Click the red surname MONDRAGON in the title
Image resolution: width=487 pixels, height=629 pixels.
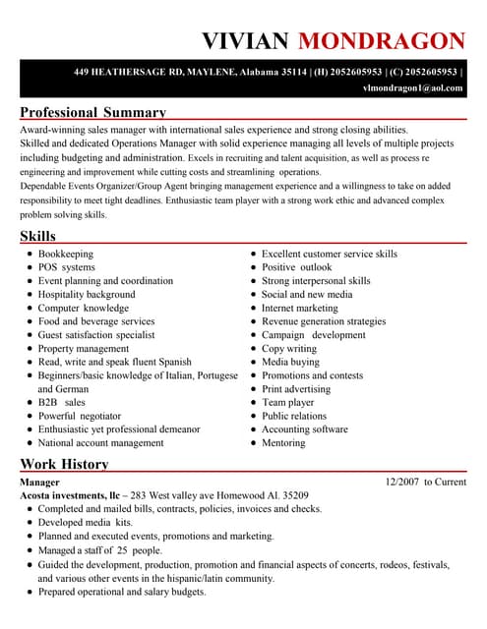tap(381, 40)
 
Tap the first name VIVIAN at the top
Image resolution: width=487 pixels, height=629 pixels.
tap(245, 40)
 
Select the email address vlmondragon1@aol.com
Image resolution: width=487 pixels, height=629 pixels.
tap(412, 88)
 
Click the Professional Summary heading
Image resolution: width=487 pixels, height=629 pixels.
tap(93, 112)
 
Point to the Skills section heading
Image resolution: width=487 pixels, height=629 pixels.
tap(38, 236)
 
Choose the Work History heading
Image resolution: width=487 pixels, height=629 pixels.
tap(64, 464)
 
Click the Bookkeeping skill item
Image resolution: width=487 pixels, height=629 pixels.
tap(66, 254)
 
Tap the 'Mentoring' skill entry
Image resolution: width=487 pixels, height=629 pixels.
tap(283, 443)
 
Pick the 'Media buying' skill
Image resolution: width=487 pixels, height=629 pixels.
tap(290, 362)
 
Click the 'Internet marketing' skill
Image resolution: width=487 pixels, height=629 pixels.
tap(299, 308)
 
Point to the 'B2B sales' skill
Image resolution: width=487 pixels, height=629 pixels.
tap(62, 402)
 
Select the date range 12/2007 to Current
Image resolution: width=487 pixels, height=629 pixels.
tap(426, 483)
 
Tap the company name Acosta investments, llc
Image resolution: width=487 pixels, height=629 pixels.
tap(72, 496)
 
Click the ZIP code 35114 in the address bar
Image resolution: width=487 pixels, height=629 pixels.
tap(295, 72)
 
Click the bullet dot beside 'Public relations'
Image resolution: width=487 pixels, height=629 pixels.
tap(253, 416)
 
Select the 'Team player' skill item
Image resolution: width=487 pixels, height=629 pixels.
tap(288, 402)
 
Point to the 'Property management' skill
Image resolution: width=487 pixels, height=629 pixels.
tap(84, 348)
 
